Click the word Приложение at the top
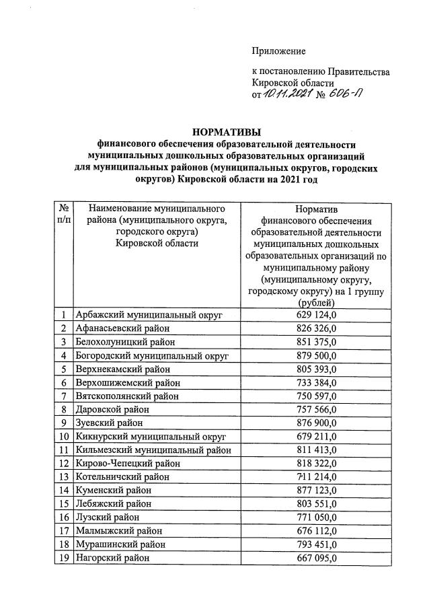278,51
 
